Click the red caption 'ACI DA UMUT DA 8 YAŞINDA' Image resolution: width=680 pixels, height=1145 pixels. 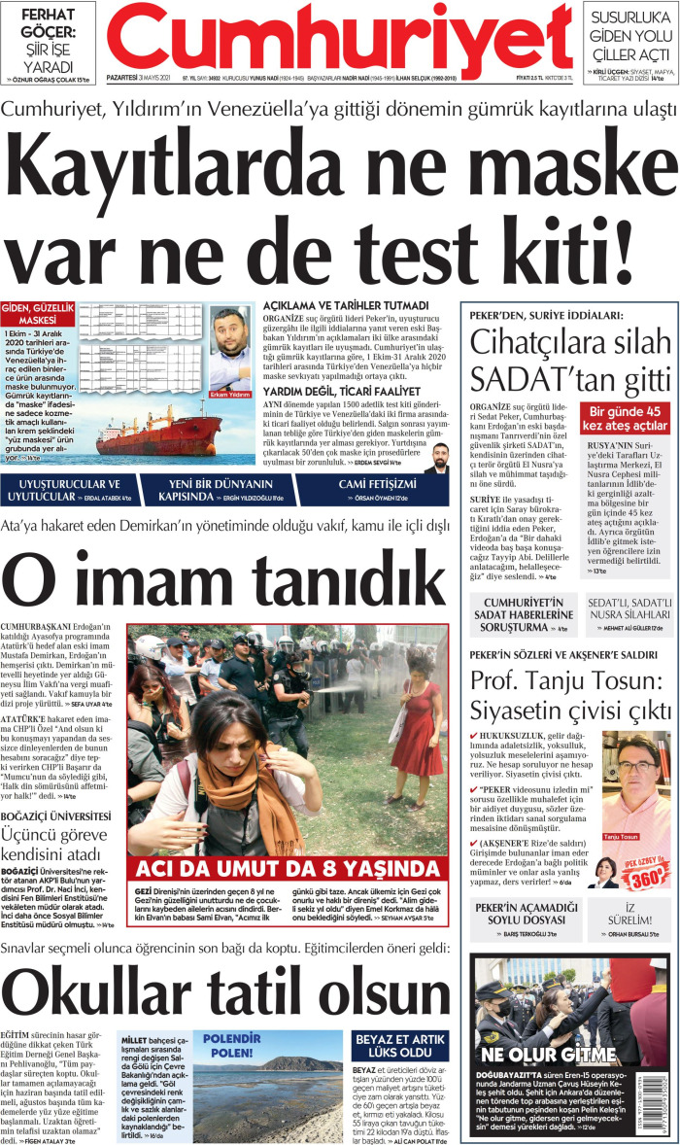click(x=289, y=868)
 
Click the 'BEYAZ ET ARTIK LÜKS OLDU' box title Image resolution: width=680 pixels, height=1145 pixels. click(x=399, y=1045)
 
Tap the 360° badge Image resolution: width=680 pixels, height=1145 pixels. click(x=649, y=877)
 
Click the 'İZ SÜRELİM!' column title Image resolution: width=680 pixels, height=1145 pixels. click(x=629, y=915)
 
